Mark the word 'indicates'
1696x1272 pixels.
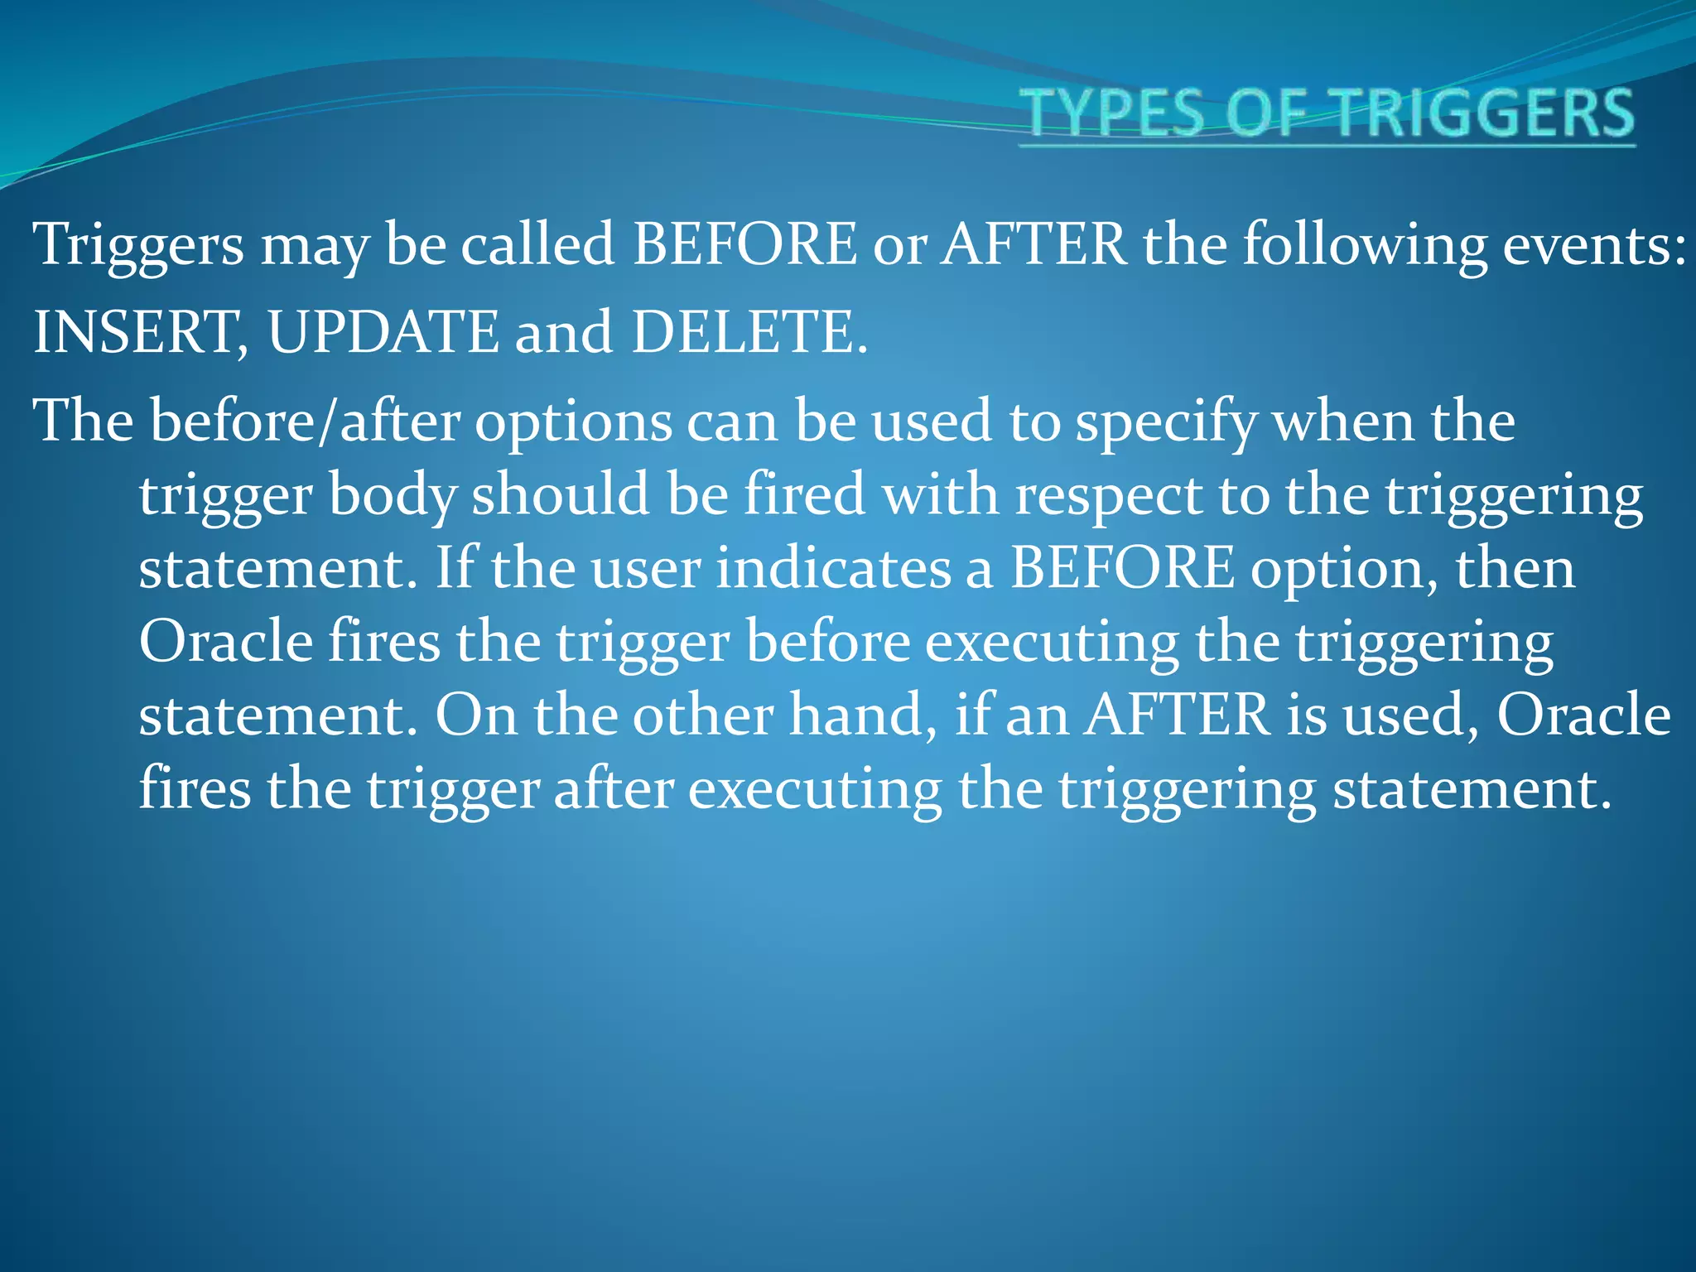coord(833,569)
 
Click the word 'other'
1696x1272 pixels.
coord(703,715)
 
